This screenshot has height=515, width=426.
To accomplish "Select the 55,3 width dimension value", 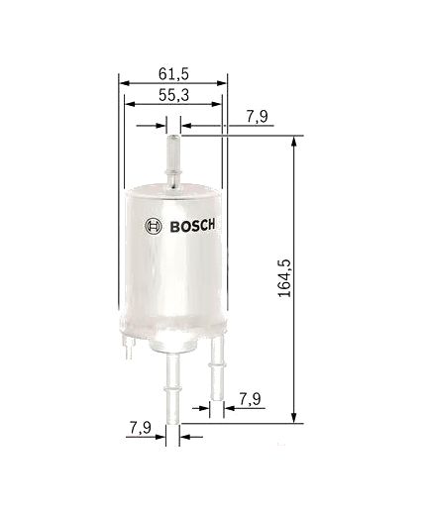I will pos(173,95).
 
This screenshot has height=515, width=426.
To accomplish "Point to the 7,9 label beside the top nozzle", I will pos(257,117).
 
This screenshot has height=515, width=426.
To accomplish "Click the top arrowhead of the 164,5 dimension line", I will pos(294,143).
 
